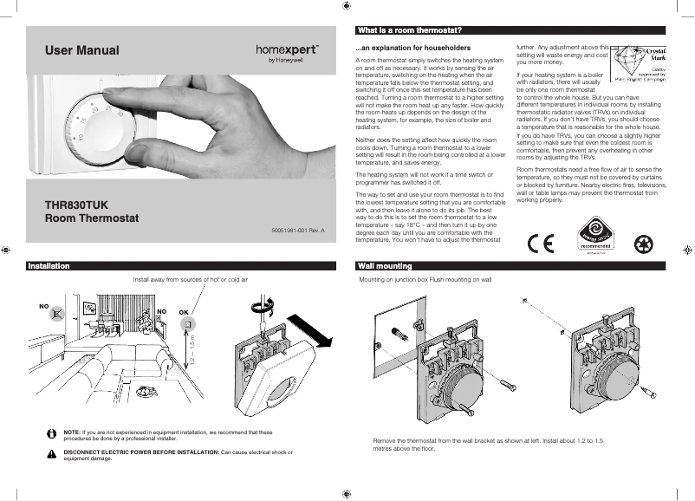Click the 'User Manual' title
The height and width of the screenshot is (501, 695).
81,51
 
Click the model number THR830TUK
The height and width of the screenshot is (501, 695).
76,205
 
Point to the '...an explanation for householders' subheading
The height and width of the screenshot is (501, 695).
413,47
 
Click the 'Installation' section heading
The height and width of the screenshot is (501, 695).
49,266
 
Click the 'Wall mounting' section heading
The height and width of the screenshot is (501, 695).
384,266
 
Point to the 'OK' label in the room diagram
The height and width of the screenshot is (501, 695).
183,310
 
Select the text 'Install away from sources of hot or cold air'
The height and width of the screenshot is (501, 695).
190,281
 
